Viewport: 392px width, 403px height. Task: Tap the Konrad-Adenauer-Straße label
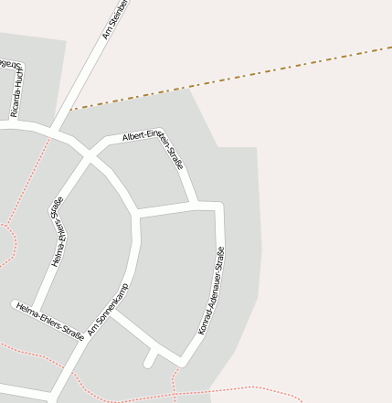pos(211,291)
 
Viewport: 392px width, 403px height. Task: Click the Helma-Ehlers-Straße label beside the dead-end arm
pos(50,322)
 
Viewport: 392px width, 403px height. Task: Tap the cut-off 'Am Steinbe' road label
pos(117,20)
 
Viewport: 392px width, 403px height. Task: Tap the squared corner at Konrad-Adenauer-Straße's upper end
pos(219,205)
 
